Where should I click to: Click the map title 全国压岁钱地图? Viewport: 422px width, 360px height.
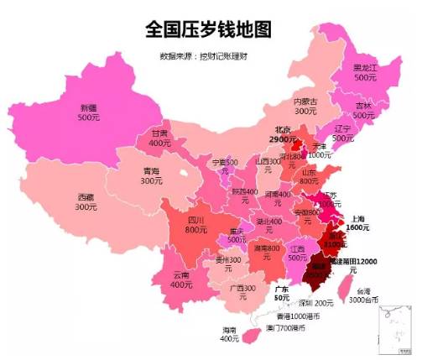pyautogui.click(x=209, y=29)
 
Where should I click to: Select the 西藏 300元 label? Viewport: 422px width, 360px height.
pyautogui.click(x=86, y=201)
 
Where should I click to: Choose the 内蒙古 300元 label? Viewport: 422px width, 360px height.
pyautogui.click(x=305, y=106)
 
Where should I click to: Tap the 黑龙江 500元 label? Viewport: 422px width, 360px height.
pyautogui.click(x=364, y=71)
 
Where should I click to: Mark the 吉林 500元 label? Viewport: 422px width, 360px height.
pyautogui.click(x=363, y=110)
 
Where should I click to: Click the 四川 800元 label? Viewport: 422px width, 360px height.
pyautogui.click(x=196, y=224)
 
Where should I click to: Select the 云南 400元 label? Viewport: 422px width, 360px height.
pyautogui.click(x=181, y=279)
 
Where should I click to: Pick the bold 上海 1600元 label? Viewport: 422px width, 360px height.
pyautogui.click(x=357, y=222)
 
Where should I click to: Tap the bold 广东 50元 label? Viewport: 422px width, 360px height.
pyautogui.click(x=281, y=293)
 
